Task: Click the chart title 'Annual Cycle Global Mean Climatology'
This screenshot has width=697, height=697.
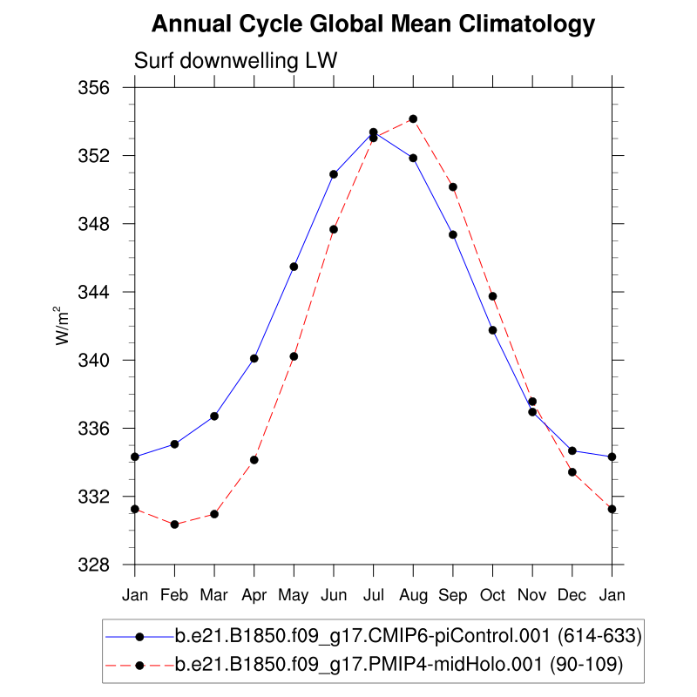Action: (373, 24)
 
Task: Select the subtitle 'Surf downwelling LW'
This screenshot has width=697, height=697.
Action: (235, 60)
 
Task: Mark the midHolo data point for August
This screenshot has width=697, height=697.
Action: (413, 118)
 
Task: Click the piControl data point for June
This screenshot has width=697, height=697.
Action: (334, 174)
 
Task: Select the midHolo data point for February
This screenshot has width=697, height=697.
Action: (175, 524)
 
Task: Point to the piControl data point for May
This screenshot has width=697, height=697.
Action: (294, 267)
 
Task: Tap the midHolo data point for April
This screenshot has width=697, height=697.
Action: (254, 460)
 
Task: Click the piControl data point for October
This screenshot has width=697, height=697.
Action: (492, 330)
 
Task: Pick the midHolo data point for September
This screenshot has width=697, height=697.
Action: (453, 186)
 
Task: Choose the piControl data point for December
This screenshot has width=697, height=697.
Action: (572, 450)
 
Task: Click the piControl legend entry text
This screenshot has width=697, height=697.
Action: (409, 637)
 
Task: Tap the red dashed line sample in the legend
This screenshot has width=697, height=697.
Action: (139, 665)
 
